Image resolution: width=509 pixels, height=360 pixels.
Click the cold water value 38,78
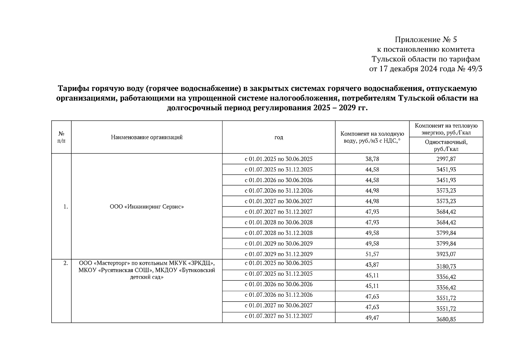(372, 159)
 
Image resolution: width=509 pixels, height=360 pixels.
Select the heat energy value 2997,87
(446, 159)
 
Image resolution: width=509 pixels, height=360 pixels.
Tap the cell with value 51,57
(372, 254)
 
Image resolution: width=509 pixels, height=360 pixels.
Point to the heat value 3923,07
(446, 254)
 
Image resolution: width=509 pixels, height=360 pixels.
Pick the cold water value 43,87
(372, 265)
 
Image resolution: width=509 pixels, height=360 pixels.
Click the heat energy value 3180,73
(446, 266)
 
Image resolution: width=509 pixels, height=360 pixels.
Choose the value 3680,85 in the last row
(446, 319)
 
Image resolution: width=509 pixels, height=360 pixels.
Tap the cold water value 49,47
(372, 318)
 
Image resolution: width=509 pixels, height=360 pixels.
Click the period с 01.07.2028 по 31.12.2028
(279, 233)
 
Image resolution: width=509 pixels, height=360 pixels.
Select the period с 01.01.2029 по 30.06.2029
(279, 243)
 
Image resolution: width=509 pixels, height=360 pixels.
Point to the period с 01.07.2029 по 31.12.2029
(279, 254)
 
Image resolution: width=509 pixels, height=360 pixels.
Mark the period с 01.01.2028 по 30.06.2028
(279, 222)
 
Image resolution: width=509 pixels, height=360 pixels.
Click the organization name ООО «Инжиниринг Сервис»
(147, 207)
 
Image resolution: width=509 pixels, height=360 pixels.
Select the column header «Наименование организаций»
(147, 137)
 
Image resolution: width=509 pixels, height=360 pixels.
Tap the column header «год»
(279, 137)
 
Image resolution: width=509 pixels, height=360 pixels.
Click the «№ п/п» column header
(61, 137)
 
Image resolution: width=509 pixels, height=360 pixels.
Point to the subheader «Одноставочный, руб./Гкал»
(446, 145)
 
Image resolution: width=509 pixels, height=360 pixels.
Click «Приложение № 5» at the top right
(426, 40)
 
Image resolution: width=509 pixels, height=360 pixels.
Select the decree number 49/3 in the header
(474, 69)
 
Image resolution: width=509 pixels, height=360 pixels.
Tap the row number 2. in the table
(65, 263)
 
